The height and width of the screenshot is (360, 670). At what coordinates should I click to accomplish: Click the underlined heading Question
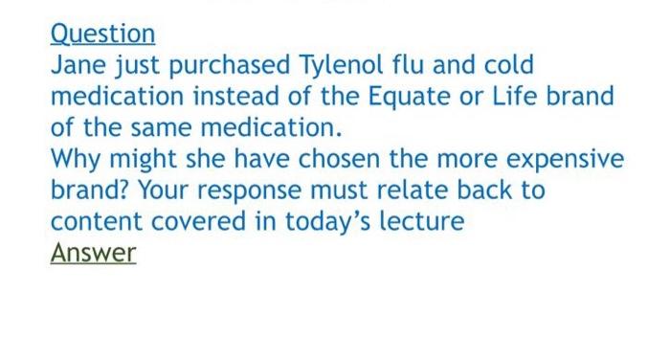click(102, 34)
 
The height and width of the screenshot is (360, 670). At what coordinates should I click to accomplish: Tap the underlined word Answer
click(93, 253)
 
